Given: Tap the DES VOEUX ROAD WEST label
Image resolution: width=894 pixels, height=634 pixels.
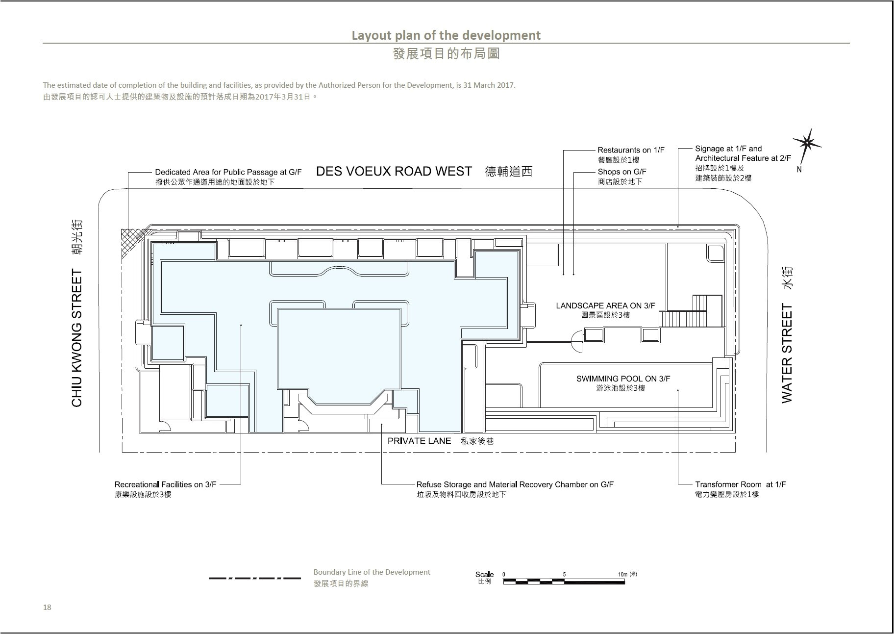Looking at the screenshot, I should coord(394,172).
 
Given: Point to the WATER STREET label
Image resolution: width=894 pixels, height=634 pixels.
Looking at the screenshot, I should coord(787,353).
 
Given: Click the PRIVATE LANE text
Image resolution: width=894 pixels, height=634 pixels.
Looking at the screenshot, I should coord(419,441).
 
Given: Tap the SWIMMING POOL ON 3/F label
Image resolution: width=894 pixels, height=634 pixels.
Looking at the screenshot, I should coord(623,379).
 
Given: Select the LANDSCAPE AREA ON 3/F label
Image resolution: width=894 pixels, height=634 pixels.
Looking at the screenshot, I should coord(605,305).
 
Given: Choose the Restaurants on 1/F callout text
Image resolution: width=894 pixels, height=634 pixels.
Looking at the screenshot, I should coord(631,150).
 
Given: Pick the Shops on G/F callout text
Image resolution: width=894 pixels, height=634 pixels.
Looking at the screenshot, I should coord(621,172).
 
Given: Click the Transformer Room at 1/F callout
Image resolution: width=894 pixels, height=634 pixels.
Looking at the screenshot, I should coord(740,484).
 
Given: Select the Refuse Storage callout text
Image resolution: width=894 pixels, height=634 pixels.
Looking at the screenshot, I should coord(515,484).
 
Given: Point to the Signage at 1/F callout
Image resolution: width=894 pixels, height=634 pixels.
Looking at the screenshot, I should coord(728,149).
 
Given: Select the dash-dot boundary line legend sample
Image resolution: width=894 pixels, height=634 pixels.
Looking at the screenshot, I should coord(255,578).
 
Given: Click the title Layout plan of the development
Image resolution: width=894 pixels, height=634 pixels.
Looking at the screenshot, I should coord(446,35).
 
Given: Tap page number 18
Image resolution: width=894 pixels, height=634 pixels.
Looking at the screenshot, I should coord(47,607).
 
